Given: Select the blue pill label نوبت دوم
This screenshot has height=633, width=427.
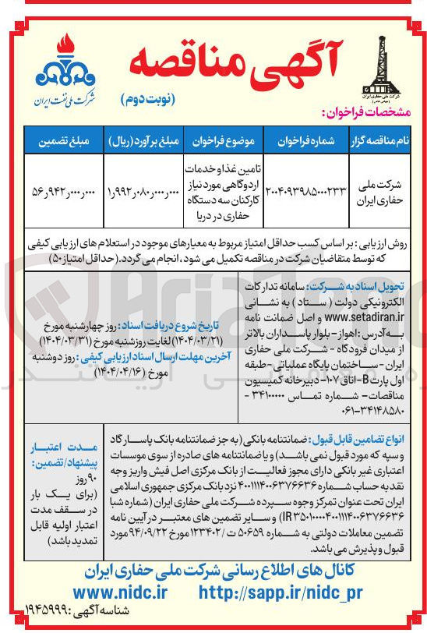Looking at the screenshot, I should click(148, 101).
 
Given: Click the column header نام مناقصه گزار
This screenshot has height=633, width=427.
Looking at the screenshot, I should click(382, 142).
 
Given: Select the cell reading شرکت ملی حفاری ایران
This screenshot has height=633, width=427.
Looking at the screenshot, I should click(381, 189).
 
